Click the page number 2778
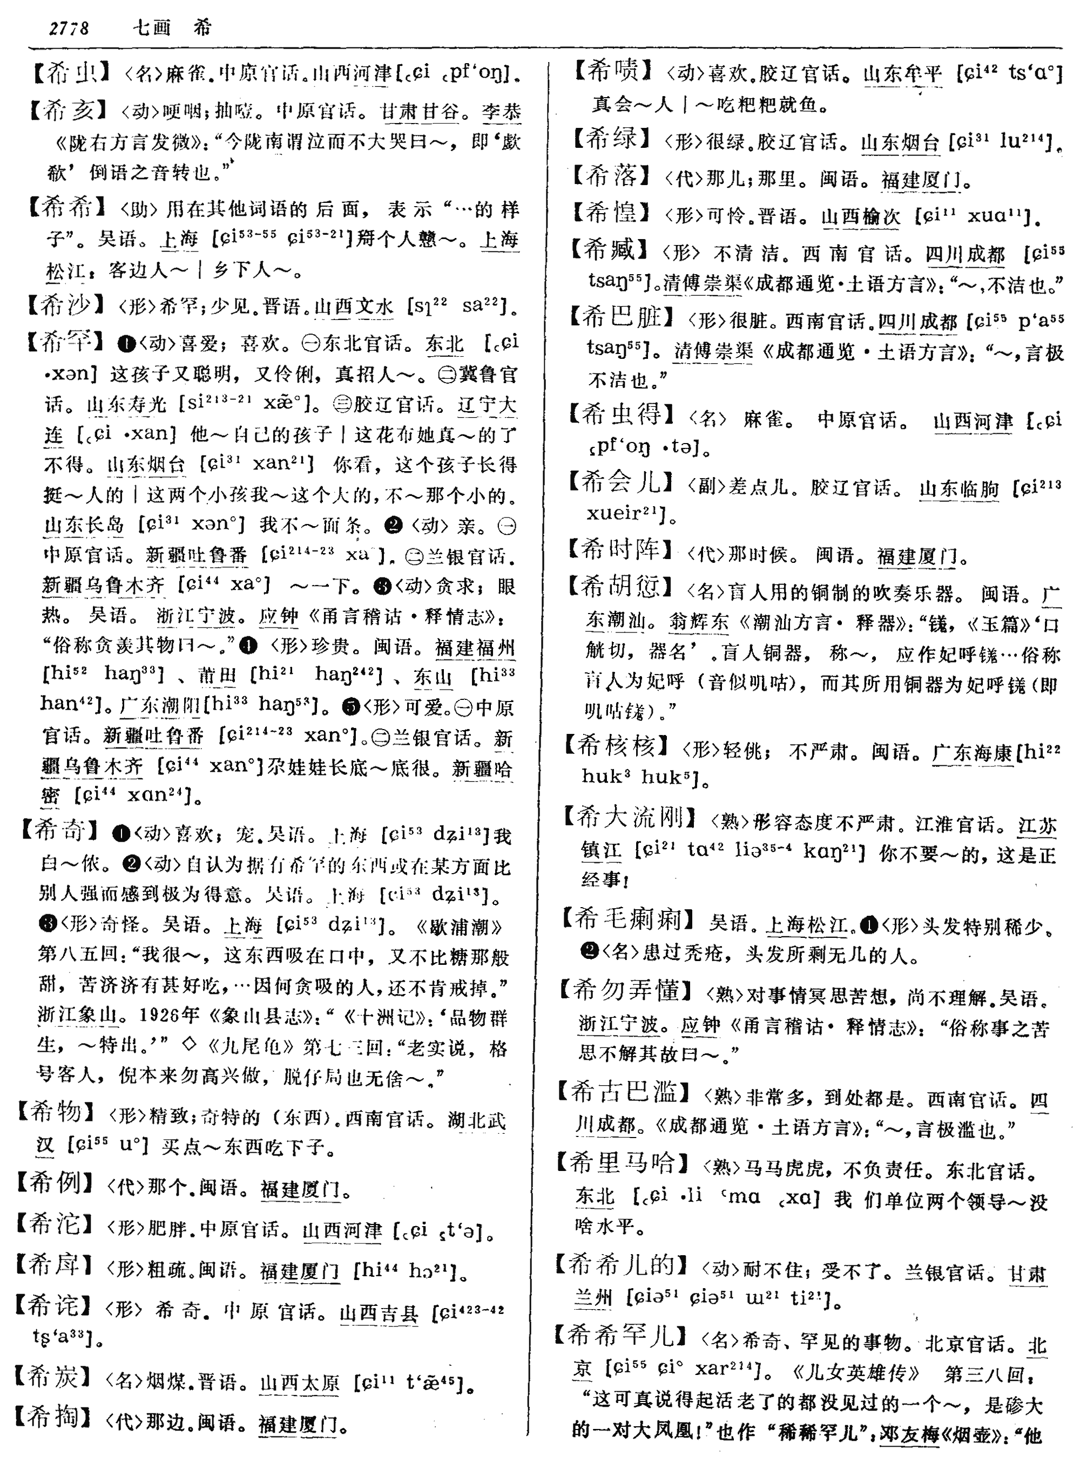(x=69, y=28)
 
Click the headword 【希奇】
(x=60, y=830)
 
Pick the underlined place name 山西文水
(x=354, y=305)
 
